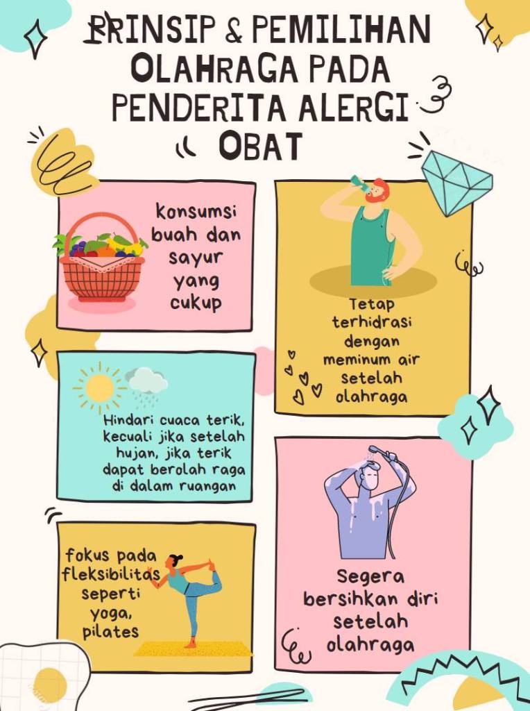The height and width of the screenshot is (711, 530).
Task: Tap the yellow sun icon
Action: [x=99, y=388]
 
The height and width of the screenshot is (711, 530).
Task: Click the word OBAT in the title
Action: [x=260, y=146]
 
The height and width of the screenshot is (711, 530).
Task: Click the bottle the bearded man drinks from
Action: [x=360, y=183]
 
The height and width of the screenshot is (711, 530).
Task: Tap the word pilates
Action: [x=110, y=632]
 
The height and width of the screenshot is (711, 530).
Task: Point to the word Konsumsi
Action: [x=196, y=212]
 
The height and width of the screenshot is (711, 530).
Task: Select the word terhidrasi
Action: [x=371, y=322]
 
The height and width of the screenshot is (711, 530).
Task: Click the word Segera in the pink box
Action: [x=370, y=577]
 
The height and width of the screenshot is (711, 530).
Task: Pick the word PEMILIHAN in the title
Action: [x=341, y=29]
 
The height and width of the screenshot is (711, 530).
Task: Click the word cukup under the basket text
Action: [x=196, y=303]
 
